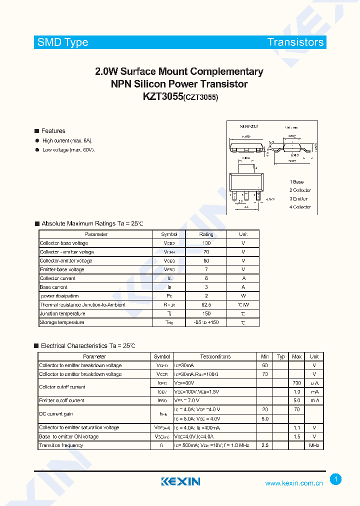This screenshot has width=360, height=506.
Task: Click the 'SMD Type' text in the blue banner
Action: [62, 42]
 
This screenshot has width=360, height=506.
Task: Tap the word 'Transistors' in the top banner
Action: [295, 42]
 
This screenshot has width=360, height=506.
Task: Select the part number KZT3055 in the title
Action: [162, 97]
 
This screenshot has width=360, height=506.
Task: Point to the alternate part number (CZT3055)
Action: [201, 98]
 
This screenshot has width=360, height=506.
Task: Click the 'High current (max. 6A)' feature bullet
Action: [67, 141]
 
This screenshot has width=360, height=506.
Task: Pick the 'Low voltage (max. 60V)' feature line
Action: [68, 150]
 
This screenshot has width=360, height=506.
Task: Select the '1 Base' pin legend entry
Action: [296, 182]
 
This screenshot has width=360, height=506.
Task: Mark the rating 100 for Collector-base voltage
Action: [206, 243]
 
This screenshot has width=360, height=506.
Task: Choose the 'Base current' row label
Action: [54, 287]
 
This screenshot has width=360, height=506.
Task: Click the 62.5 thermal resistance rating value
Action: [206, 304]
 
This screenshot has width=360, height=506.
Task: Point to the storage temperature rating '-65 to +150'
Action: [206, 322]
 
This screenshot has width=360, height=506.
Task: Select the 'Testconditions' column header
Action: [215, 356]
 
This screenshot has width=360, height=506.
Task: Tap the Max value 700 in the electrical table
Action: [297, 382]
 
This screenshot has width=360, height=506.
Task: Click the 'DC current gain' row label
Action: [56, 414]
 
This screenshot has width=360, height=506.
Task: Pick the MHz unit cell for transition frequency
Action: [314, 445]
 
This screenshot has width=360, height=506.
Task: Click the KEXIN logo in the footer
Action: [180, 481]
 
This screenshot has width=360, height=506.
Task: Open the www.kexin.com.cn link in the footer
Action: [293, 483]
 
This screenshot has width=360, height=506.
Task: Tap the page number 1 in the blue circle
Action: [336, 479]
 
